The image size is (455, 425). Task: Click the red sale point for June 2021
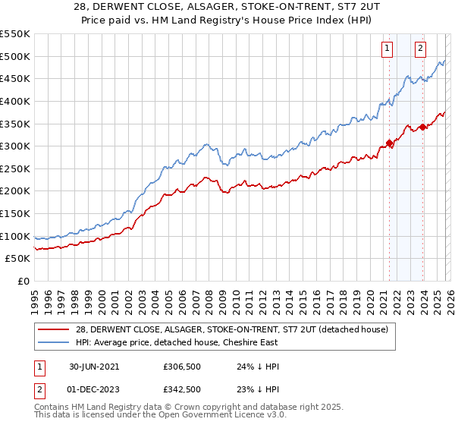coord(389,143)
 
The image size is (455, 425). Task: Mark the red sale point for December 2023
coord(422,127)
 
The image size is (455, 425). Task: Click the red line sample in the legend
coord(54,329)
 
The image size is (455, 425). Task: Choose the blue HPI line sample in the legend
coord(54,342)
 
